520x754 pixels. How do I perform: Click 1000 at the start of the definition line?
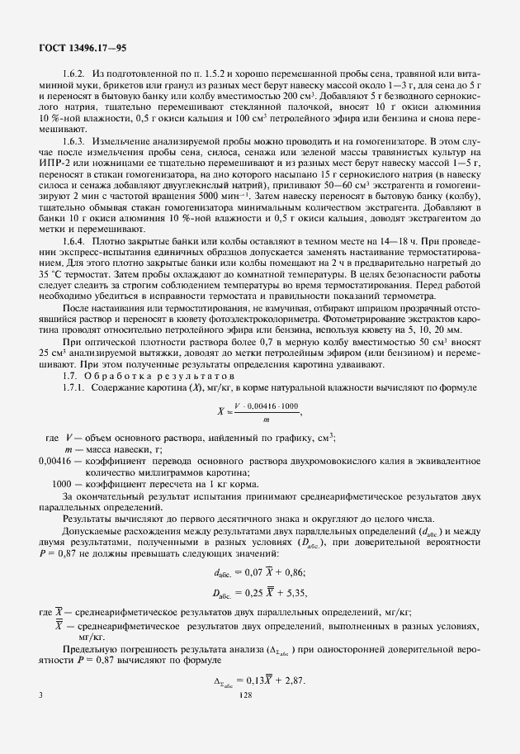click(63, 483)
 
